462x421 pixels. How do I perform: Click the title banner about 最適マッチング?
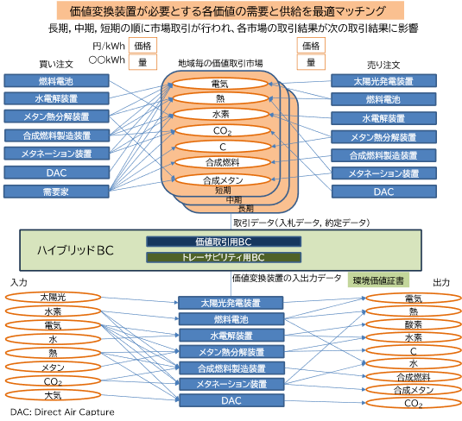(x=231, y=11)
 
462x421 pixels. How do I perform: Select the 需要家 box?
(x=56, y=191)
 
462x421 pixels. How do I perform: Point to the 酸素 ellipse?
(x=413, y=324)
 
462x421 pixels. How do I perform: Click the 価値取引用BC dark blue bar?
(x=224, y=242)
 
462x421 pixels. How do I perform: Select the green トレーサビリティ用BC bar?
(x=224, y=257)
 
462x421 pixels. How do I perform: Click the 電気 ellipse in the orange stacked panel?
(x=219, y=84)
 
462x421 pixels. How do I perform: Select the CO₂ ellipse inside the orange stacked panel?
(x=219, y=131)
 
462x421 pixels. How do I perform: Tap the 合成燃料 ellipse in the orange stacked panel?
(x=219, y=163)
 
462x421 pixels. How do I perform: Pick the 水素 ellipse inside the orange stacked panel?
(x=219, y=115)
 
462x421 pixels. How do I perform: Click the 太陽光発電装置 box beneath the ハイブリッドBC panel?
(x=231, y=303)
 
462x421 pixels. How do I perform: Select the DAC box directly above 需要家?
(x=56, y=172)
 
